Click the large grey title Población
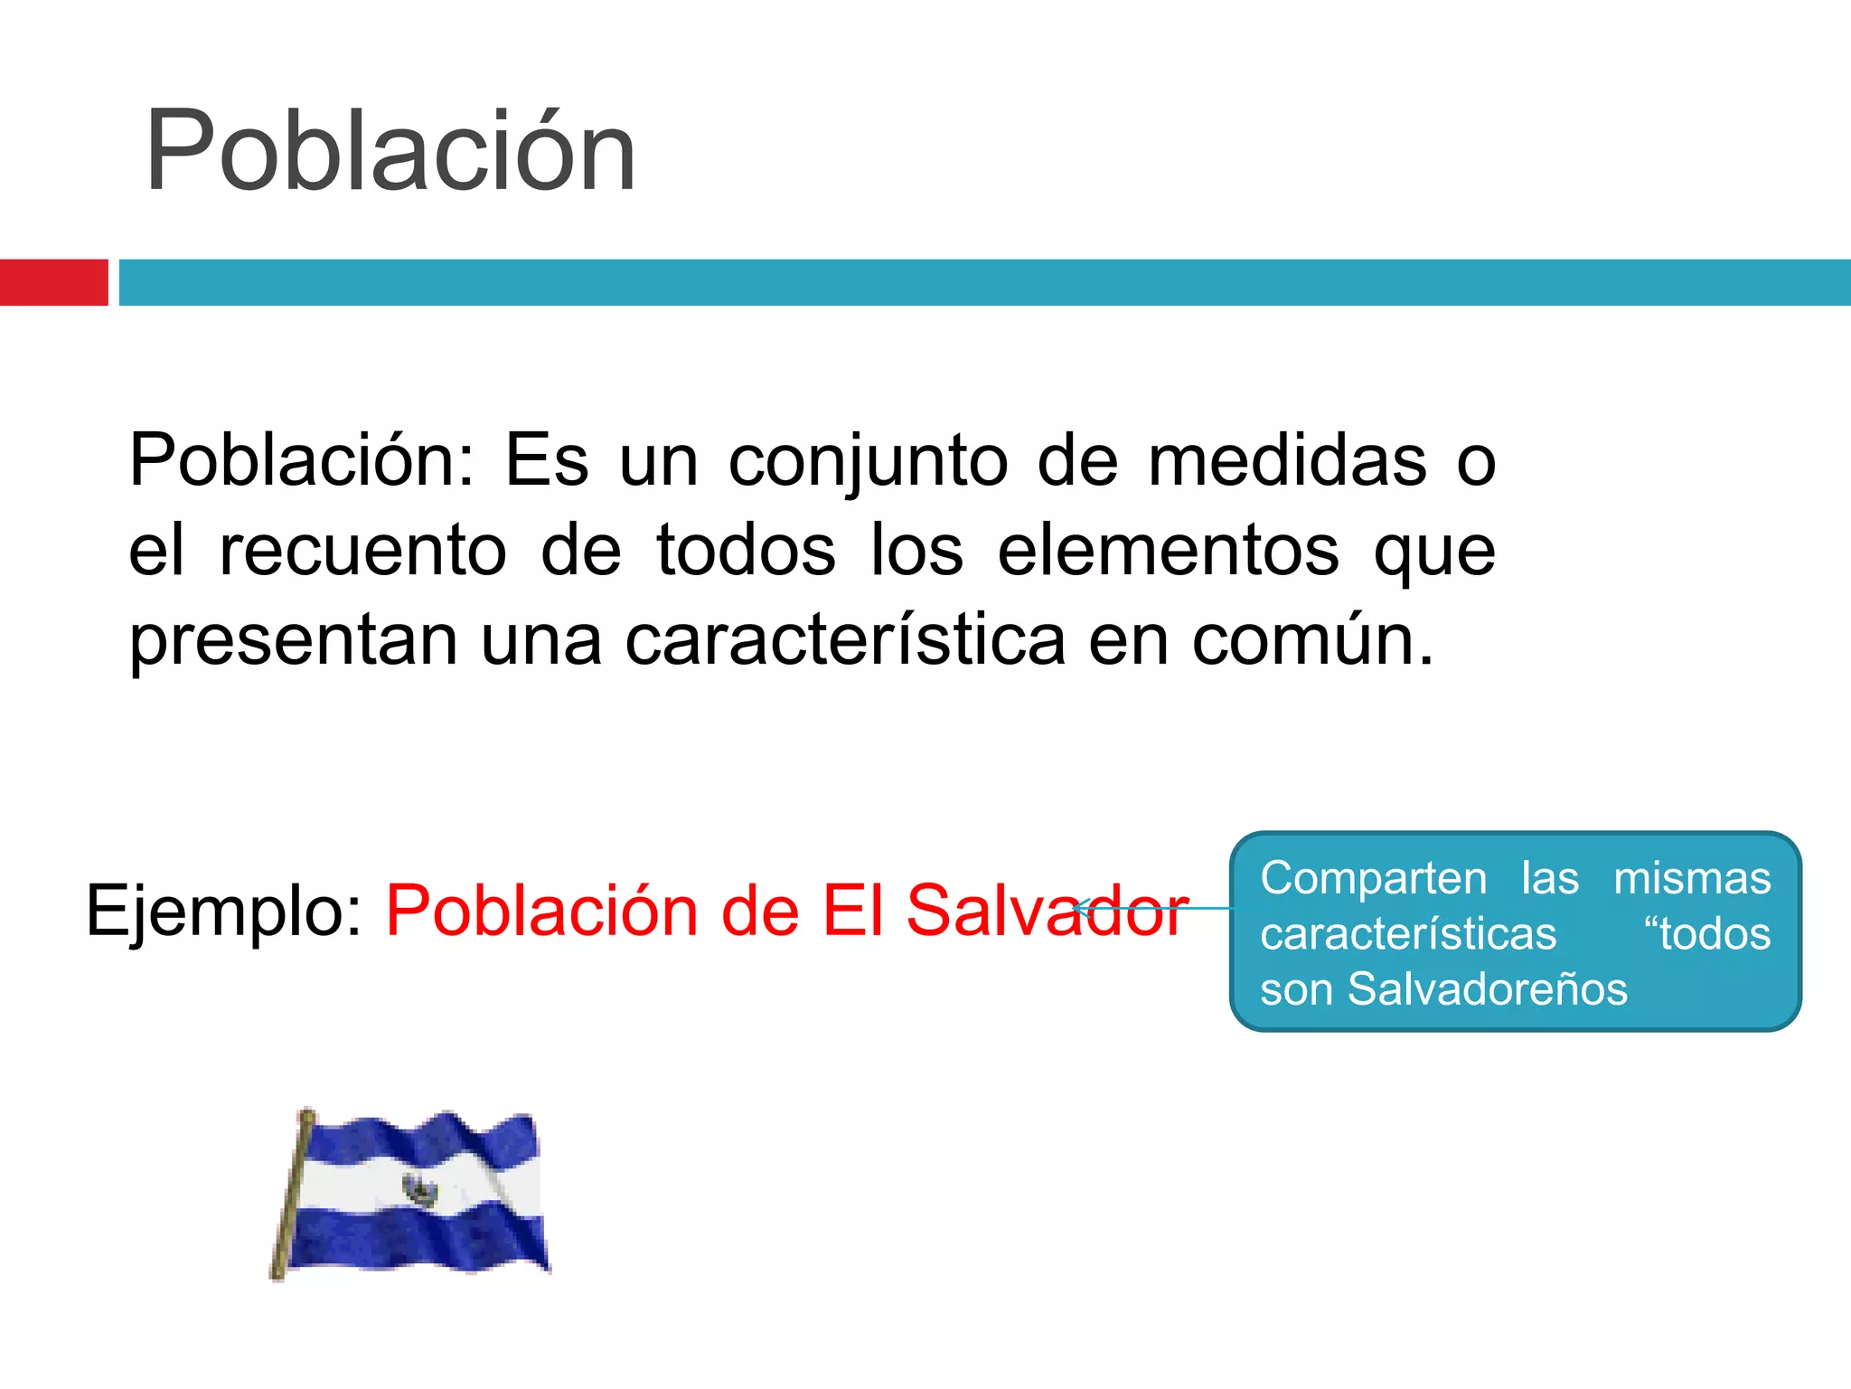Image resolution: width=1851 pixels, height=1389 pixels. click(390, 151)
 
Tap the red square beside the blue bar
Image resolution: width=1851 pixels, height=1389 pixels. click(53, 282)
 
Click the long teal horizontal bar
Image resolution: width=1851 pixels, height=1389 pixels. click(983, 282)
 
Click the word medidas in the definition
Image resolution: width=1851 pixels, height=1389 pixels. click(1287, 461)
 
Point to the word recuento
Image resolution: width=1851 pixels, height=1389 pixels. click(362, 551)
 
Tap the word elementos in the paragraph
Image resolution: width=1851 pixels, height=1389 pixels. click(1168, 551)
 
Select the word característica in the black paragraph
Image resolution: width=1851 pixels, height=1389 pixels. click(845, 640)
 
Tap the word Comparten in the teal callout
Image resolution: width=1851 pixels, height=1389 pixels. click(1374, 879)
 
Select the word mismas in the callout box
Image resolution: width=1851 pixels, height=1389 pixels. click(1692, 879)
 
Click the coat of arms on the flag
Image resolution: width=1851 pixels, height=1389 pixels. click(419, 1191)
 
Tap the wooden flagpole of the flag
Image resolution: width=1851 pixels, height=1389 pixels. click(293, 1194)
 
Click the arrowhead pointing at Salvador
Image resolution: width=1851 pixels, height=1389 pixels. click(1081, 908)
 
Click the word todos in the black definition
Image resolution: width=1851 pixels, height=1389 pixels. click(746, 551)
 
